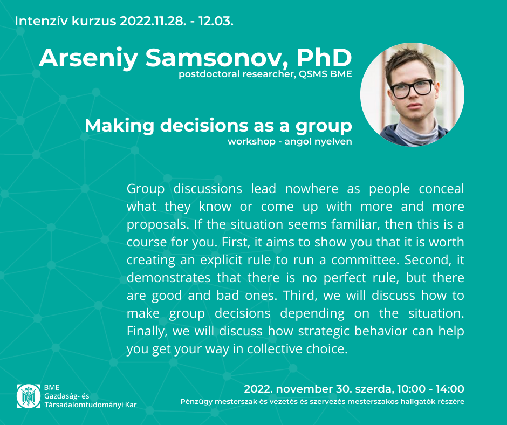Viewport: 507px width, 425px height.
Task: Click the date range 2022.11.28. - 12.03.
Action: [176, 21]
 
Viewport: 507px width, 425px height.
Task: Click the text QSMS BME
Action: [325, 74]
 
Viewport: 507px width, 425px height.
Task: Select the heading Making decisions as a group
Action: [218, 126]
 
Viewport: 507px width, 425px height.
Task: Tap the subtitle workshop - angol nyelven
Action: [290, 142]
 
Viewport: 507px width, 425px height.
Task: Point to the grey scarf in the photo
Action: [416, 133]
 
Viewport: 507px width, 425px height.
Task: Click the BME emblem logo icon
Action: [29, 396]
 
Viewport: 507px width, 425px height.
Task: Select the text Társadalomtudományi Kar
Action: [91, 405]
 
